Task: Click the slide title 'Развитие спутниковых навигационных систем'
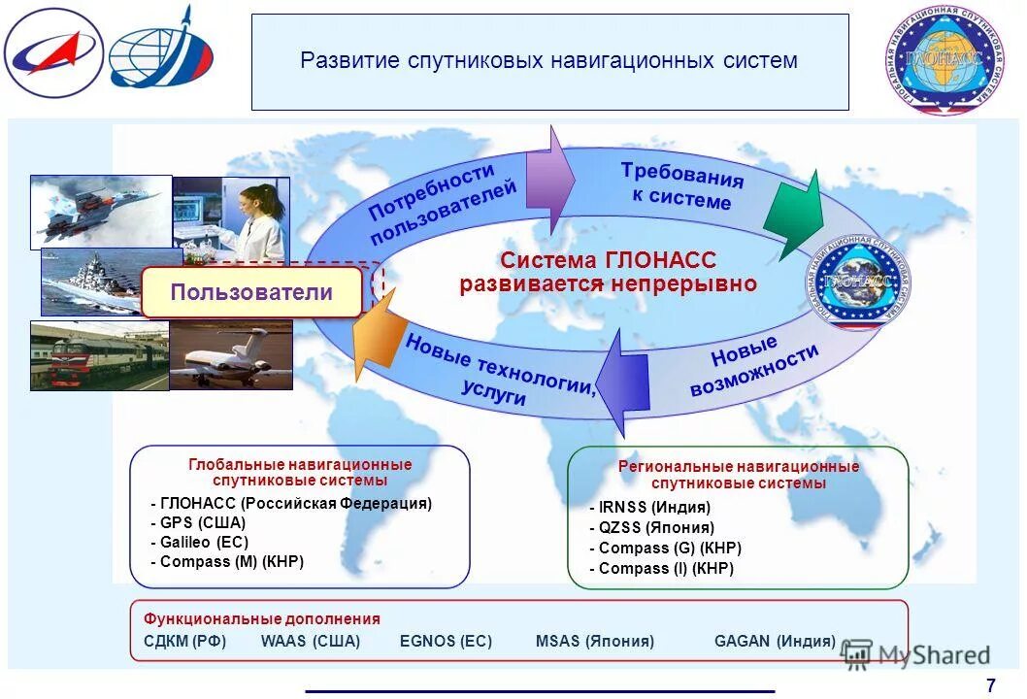pos(548,61)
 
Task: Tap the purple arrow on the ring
pos(549,182)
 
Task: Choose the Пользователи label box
pos(251,292)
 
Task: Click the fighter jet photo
pos(100,211)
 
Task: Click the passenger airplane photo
pos(231,354)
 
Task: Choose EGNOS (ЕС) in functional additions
pos(446,642)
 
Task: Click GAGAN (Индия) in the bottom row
pos(775,642)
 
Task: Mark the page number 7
pos(990,684)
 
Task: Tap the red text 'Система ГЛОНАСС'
pos(608,261)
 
